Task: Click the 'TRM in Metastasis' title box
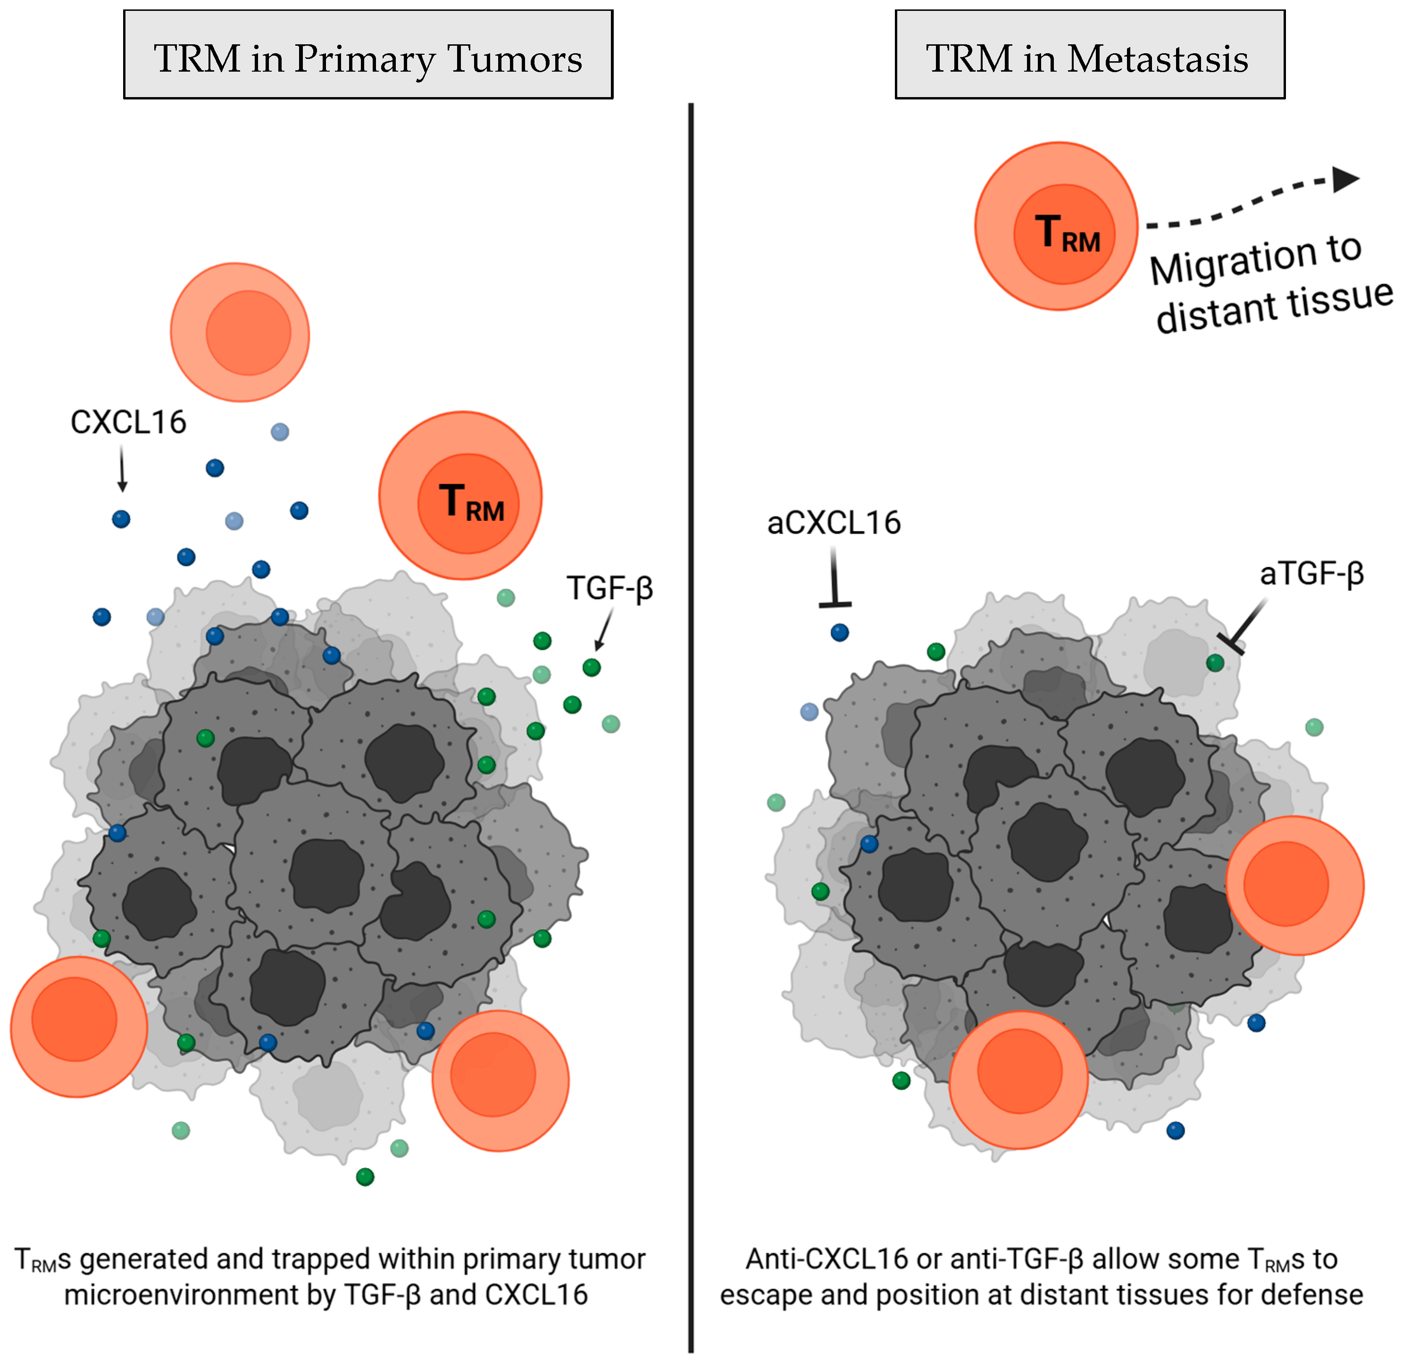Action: point(1089,55)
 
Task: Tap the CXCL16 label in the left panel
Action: point(128,422)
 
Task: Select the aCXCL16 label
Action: point(834,523)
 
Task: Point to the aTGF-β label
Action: point(1311,574)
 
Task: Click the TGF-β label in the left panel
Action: point(609,588)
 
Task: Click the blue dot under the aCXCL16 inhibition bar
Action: point(839,632)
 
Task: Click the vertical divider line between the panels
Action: point(691,717)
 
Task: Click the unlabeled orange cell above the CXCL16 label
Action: point(240,332)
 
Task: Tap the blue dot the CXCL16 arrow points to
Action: point(121,518)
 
